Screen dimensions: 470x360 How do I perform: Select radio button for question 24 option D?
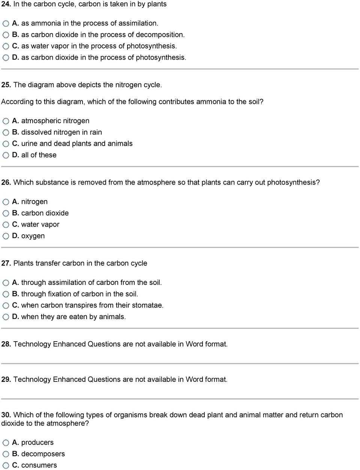tap(6, 58)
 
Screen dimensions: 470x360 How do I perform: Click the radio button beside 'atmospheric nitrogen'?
tap(6, 121)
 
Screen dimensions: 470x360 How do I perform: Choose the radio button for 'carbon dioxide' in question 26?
tap(6, 214)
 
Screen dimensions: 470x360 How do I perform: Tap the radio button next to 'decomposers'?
tap(6, 454)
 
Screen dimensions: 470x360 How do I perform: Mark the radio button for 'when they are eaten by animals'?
tap(6, 317)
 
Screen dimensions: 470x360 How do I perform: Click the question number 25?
tap(6, 85)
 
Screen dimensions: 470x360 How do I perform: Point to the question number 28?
tap(6, 344)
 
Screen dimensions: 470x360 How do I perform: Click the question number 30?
tap(6, 415)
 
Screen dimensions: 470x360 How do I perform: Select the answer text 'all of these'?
tap(39, 155)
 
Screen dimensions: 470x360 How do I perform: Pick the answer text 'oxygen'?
tap(33, 236)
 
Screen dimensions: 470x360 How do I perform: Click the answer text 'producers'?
tap(37, 443)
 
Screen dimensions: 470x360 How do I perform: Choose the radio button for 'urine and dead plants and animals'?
tap(6, 144)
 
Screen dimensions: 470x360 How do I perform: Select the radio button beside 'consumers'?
tap(6, 465)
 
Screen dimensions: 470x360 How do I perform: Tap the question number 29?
tap(6, 380)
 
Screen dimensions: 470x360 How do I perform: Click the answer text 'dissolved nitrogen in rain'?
tap(61, 133)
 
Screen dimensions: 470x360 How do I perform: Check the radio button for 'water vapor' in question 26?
tap(6, 225)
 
